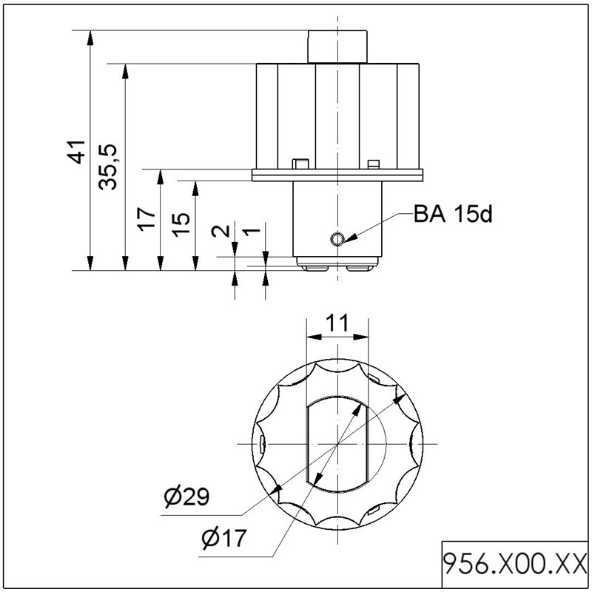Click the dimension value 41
pos(78,152)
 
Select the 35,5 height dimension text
pos(108,167)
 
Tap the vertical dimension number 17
pos(147,219)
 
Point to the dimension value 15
pos(181,225)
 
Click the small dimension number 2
pos(221,231)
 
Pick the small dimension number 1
pos(251,231)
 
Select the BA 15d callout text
pos(453,214)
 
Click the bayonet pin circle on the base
pos(337,238)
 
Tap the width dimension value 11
pos(337,323)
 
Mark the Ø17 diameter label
pos(224,538)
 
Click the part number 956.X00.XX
pos(515,564)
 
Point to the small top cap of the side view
pos(337,47)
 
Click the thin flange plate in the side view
pos(337,175)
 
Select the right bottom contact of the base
pos(360,268)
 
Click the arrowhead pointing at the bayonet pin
pos(349,238)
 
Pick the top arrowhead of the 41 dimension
pos(90,38)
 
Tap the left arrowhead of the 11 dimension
pos(314,337)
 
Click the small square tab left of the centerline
pos(300,164)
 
